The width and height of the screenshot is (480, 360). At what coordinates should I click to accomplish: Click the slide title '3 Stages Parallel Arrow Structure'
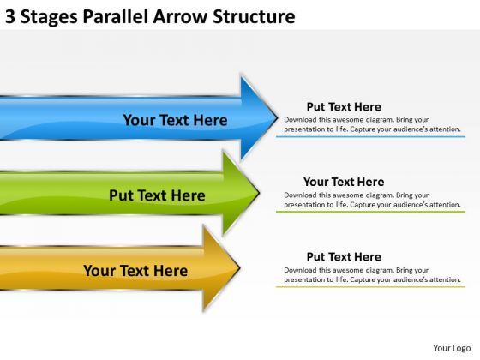tap(151, 16)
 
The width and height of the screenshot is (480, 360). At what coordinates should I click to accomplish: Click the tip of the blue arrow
tap(276, 117)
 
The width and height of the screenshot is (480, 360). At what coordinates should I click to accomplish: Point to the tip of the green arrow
tap(259, 193)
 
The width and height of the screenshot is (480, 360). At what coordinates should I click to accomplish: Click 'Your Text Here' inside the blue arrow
tap(175, 120)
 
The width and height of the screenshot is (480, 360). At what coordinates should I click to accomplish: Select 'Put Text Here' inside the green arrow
tap(157, 195)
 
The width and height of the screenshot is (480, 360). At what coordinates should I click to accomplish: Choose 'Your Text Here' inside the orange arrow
tap(135, 271)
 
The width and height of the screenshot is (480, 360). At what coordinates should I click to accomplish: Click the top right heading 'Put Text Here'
tap(344, 107)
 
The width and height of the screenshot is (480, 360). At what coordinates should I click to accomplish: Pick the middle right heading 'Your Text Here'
tap(344, 182)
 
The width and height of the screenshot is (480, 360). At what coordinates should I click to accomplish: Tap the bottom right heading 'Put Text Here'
tap(344, 256)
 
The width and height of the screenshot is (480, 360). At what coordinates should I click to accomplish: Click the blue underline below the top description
tap(370, 136)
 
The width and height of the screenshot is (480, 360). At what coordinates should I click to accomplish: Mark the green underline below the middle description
tap(370, 211)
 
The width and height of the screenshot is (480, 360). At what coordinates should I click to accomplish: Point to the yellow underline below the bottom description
tap(370, 285)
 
